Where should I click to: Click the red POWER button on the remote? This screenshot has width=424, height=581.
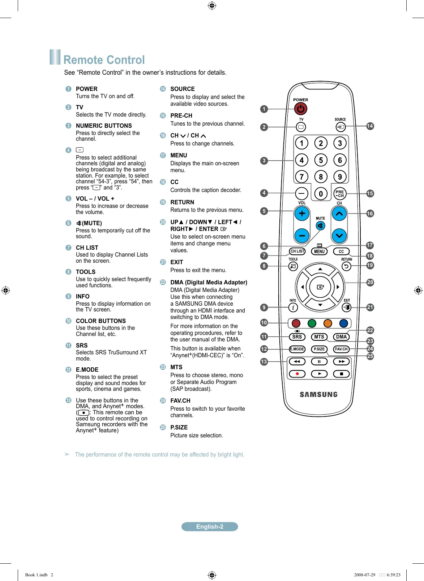click(x=300, y=109)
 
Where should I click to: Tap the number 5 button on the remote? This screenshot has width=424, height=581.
click(x=321, y=160)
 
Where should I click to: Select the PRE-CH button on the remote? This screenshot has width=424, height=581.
click(x=339, y=194)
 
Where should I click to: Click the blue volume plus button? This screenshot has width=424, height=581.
click(x=302, y=214)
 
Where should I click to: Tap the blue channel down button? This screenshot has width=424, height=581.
click(x=339, y=236)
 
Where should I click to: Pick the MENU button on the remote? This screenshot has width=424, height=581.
click(x=319, y=252)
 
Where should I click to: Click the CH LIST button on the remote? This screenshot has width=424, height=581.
click(x=297, y=251)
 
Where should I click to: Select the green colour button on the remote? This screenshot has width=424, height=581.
click(x=312, y=323)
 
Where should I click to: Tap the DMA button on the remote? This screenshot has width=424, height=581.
click(x=341, y=337)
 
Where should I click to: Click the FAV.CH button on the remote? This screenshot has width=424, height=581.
click(x=341, y=349)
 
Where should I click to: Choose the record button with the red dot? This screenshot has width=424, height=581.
click(x=297, y=374)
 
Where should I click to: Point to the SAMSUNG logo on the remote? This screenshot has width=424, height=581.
click(x=318, y=394)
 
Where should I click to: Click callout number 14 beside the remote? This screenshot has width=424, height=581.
click(x=370, y=126)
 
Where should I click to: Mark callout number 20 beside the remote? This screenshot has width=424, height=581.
click(x=370, y=282)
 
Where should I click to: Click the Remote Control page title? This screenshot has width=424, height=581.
click(x=104, y=60)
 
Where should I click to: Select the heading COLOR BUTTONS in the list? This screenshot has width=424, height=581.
click(x=101, y=321)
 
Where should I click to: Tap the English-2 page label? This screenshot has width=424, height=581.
click(x=210, y=527)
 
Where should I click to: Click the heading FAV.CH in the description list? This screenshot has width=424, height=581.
click(x=180, y=401)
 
